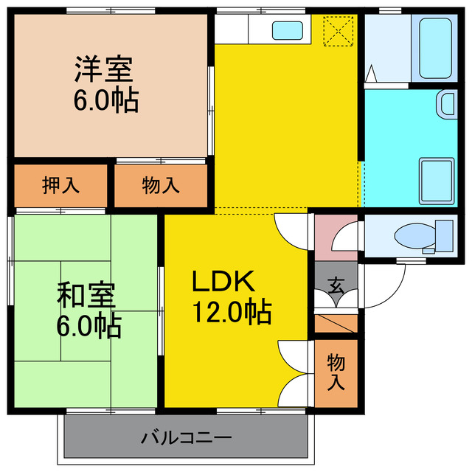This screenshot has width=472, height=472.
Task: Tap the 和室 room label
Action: click(86, 294)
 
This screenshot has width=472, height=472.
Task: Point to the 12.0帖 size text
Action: click(232, 313)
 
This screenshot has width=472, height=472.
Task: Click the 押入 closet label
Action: click(60, 185)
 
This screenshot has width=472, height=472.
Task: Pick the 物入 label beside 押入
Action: click(160, 185)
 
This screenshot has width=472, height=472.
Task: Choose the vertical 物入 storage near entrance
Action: click(336, 372)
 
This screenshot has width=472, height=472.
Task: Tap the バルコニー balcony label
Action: click(186, 437)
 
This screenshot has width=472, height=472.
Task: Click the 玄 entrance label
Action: click(336, 285)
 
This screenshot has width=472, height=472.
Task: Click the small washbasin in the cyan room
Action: click(446, 103)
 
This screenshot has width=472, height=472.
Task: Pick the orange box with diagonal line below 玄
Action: click(336, 323)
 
